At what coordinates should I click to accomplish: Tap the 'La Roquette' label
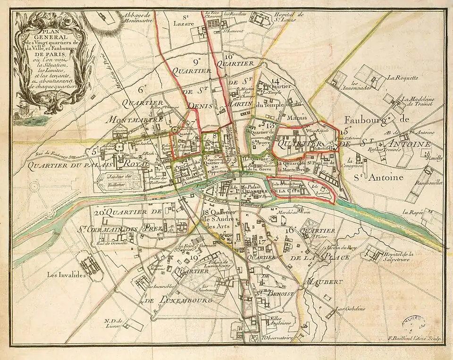pos(403,78)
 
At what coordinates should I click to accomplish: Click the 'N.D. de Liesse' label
pos(114,323)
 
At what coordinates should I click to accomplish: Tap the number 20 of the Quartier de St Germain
pos(99,212)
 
